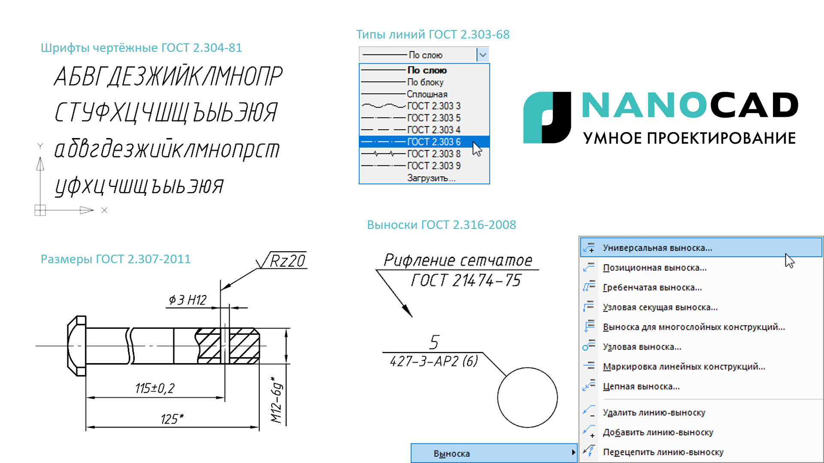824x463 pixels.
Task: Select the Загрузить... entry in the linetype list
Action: pos(431,178)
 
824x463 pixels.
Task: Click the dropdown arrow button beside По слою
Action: pos(483,55)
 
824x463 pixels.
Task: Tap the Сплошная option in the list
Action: pos(427,94)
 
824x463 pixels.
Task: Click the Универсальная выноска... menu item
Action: pos(657,248)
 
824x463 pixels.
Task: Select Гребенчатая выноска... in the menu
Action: pos(652,288)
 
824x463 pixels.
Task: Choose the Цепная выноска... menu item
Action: pos(641,387)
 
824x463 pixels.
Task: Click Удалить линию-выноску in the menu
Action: pos(654,412)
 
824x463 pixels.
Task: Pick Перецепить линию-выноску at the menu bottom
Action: pos(663,452)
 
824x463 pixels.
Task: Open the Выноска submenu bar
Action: pos(494,453)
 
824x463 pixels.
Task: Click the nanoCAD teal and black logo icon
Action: pos(547,117)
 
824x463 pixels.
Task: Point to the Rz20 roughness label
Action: pos(287,261)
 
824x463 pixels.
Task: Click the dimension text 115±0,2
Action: pos(155,388)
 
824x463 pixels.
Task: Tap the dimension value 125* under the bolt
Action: pos(172,419)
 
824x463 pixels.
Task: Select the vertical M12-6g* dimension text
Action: pos(277,400)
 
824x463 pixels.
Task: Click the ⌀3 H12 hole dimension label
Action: pos(188,300)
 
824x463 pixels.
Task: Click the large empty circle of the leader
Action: pos(527,397)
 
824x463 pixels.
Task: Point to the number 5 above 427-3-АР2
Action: pos(434,342)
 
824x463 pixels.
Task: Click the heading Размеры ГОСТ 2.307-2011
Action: pos(115,259)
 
